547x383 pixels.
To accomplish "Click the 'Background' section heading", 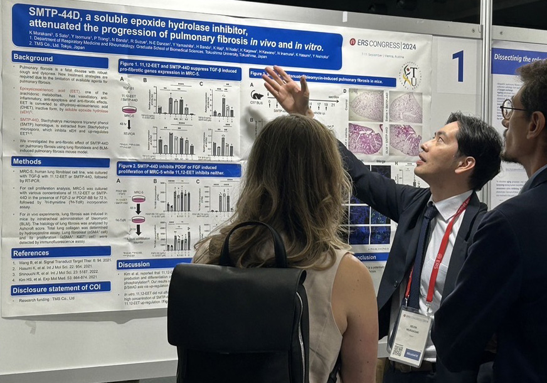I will pos(33,57).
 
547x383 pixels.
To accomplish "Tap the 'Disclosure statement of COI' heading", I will pos(60,289).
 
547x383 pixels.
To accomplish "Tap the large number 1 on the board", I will pos(458,66).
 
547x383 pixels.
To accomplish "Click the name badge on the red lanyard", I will pos(409,335).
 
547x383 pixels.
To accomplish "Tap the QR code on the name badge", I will pos(398,350).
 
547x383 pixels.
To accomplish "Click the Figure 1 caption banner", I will pos(179,69).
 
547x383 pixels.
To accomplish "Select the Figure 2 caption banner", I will pos(178,169).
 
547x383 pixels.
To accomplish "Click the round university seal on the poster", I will pos(410,75).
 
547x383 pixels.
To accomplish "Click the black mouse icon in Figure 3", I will pos(257,95).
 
